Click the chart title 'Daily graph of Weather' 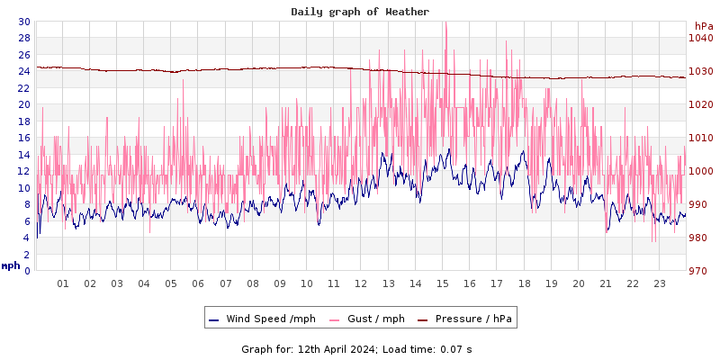(x=360, y=12)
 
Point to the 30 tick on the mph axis (x=23, y=22)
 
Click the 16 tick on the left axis (x=23, y=138)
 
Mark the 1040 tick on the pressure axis (x=700, y=38)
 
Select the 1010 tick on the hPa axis (x=700, y=138)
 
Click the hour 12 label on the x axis (x=361, y=283)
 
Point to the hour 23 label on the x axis (x=659, y=283)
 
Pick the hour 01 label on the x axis (x=63, y=283)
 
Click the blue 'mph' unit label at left (x=11, y=265)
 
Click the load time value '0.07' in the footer (x=451, y=349)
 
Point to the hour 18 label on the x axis (x=524, y=283)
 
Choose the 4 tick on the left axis (x=26, y=238)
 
